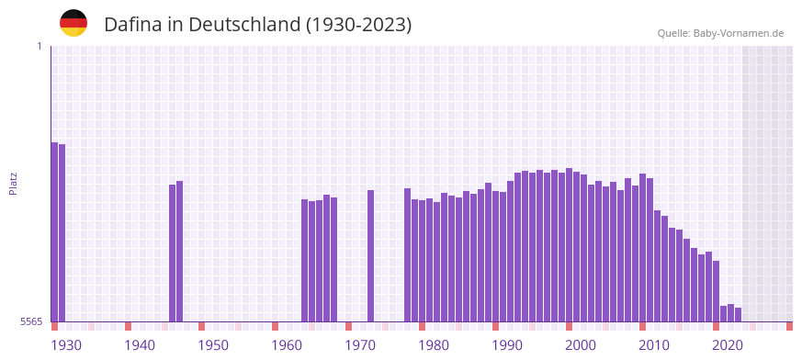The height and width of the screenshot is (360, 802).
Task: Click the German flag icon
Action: (x=73, y=23)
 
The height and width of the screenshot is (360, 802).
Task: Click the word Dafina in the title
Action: (x=132, y=25)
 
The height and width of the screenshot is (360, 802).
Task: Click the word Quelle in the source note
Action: (x=673, y=33)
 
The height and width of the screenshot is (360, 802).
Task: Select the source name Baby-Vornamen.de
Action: (x=739, y=33)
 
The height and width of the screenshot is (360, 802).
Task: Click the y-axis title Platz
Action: (x=14, y=184)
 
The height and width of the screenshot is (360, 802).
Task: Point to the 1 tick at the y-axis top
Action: (x=40, y=46)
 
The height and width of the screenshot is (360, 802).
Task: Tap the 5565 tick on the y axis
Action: (x=29, y=321)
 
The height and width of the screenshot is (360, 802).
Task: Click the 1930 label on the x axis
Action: (x=66, y=345)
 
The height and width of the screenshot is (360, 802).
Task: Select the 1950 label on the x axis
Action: (x=213, y=345)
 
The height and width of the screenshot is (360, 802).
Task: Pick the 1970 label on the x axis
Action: (x=360, y=345)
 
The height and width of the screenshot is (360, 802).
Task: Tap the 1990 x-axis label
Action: (x=507, y=345)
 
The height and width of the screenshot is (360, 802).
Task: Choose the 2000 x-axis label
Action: (x=581, y=345)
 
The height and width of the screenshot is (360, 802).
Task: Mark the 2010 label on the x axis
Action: (x=654, y=345)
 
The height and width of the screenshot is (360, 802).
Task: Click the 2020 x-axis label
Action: (x=728, y=345)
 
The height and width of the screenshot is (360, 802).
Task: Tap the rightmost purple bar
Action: (x=738, y=314)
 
